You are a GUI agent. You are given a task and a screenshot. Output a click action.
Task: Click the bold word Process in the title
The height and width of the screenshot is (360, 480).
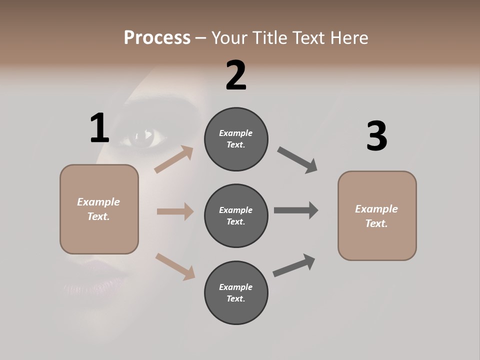point(157,37)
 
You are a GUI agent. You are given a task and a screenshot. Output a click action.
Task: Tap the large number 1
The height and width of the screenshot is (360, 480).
point(99,128)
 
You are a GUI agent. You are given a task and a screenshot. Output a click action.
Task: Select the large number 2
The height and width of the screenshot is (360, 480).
point(236,75)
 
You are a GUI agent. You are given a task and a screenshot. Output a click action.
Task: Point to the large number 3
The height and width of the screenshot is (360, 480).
point(376,136)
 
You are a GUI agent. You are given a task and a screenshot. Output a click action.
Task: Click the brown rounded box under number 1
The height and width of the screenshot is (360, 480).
point(99,209)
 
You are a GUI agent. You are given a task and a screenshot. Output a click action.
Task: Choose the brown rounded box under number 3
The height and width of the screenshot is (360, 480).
point(377,216)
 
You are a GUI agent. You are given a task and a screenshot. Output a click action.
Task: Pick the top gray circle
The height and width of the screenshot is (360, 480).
point(236,139)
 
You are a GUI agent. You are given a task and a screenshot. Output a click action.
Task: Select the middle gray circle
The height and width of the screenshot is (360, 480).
point(236,216)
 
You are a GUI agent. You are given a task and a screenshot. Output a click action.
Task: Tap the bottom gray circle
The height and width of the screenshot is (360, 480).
point(236,293)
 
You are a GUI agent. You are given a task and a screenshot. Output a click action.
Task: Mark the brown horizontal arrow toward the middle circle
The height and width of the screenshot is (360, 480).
point(175,211)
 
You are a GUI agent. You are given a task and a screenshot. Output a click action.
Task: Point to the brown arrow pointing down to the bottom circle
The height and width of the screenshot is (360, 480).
point(175,266)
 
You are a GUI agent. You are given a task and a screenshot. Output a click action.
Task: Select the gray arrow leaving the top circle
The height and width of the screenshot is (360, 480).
point(297,160)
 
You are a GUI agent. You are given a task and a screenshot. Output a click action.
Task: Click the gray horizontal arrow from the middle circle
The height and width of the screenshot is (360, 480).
point(296,210)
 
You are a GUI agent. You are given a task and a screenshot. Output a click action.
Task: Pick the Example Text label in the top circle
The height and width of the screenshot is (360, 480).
point(236,139)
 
